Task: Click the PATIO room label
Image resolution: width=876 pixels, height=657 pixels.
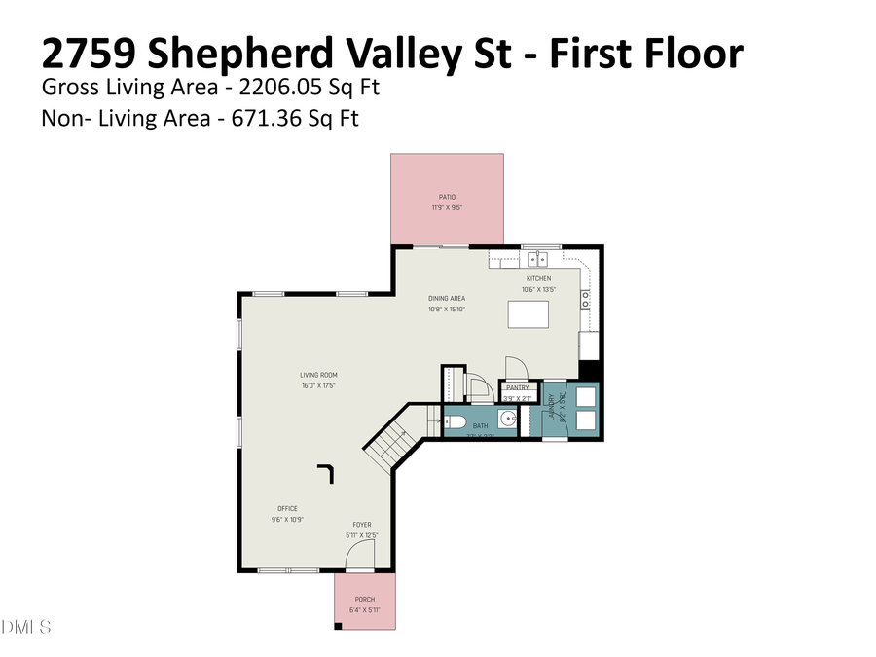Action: tap(447, 197)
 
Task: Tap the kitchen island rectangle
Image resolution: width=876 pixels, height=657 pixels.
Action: tap(528, 315)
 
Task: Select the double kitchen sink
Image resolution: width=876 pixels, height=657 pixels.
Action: tap(538, 259)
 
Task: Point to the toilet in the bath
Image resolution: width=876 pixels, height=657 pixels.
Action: tap(455, 422)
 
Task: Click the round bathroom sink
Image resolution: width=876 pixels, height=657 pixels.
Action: tap(508, 420)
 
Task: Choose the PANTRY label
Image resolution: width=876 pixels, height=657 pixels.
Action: tap(517, 387)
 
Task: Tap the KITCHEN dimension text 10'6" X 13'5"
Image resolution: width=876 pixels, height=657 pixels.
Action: tap(538, 289)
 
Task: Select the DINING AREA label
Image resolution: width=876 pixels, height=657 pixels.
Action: tap(447, 299)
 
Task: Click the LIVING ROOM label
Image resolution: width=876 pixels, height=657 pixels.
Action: tap(318, 375)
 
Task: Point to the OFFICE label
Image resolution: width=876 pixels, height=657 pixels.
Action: tap(287, 508)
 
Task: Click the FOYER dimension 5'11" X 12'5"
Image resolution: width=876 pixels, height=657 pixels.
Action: tap(362, 535)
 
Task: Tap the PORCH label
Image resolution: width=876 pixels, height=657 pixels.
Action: tap(364, 600)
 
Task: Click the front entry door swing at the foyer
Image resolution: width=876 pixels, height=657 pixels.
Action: tap(360, 557)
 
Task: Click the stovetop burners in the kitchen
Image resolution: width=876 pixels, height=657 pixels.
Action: tap(585, 300)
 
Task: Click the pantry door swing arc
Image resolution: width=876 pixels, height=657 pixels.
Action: tap(515, 367)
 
